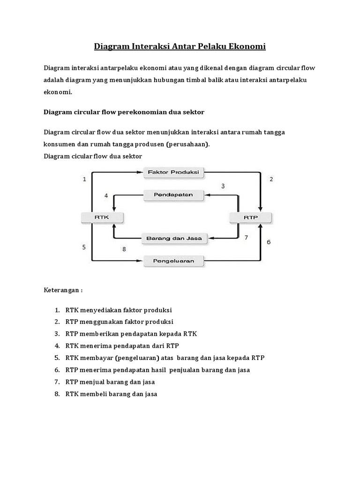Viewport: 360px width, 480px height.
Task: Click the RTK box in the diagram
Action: (x=102, y=217)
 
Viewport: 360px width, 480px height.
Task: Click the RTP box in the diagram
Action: (x=250, y=217)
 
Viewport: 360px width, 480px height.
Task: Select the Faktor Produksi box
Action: (x=173, y=172)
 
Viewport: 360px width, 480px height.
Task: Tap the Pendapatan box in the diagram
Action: (x=173, y=194)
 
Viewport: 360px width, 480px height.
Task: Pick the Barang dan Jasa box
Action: (x=174, y=238)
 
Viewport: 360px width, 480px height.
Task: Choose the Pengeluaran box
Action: (x=173, y=260)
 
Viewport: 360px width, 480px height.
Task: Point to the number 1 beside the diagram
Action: (x=84, y=179)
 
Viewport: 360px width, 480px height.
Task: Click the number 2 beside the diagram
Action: (x=271, y=179)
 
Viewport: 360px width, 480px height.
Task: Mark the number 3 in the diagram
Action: (x=223, y=186)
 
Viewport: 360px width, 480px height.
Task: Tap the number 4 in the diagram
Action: (x=106, y=195)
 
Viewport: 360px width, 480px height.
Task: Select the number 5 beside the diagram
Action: (x=84, y=247)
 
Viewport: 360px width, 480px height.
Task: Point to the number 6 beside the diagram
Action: (x=269, y=242)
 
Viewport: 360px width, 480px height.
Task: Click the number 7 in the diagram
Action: (x=246, y=237)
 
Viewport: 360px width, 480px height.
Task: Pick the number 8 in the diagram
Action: (x=124, y=249)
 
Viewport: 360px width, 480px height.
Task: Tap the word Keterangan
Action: (x=61, y=290)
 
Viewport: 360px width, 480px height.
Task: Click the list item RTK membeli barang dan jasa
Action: (x=112, y=394)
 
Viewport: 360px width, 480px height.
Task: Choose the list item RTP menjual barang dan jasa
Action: (x=110, y=382)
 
